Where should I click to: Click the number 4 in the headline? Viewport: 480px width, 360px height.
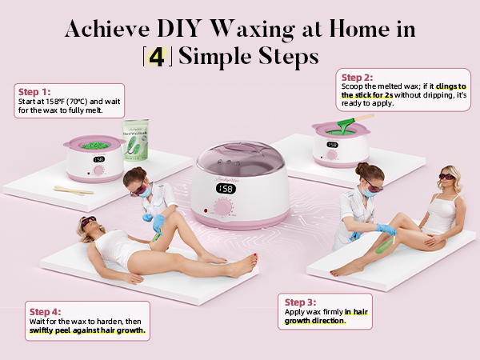click(158, 58)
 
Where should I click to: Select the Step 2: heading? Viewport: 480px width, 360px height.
click(357, 78)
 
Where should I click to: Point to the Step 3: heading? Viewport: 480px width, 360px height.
click(301, 302)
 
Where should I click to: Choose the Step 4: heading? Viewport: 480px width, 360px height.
click(46, 311)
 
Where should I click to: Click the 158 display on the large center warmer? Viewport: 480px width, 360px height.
click(226, 189)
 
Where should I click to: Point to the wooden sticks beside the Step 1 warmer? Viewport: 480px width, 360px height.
click(74, 190)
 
